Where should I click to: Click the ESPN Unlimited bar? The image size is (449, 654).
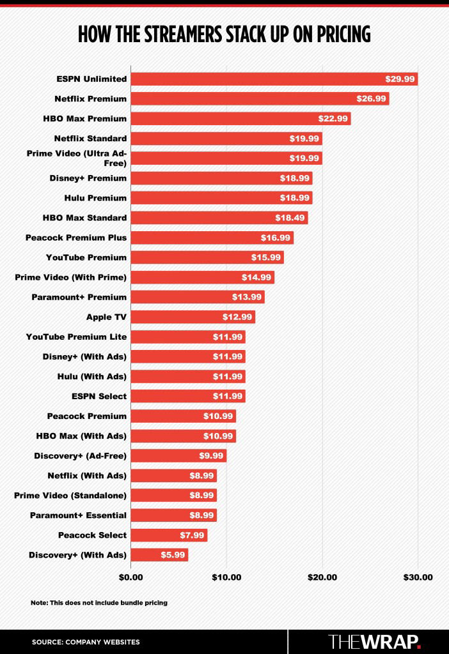tap(274, 79)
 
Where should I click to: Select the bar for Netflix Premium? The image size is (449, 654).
tap(260, 98)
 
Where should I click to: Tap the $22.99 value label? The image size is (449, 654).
tap(333, 118)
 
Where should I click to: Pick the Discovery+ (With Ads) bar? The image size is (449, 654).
tap(159, 555)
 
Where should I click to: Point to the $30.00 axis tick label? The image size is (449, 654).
tap(418, 577)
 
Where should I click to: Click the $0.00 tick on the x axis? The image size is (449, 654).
tap(130, 577)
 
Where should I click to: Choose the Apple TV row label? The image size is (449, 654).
tap(107, 317)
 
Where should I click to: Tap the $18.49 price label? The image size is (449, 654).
tap(290, 218)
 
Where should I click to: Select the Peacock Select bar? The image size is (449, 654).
tap(169, 535)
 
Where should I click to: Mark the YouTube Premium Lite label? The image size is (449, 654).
tap(77, 337)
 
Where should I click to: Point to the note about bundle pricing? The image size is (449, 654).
tap(99, 603)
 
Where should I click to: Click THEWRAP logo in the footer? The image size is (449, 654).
tap(374, 641)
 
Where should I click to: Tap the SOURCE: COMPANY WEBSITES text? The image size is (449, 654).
tap(86, 642)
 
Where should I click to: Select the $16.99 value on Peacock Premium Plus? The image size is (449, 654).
tap(276, 238)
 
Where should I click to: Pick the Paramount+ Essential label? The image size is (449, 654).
tap(78, 515)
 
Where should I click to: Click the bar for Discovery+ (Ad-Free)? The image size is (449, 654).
tap(178, 455)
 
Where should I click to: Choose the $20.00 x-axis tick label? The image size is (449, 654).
tap(322, 577)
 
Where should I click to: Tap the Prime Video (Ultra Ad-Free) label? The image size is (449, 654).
tap(77, 158)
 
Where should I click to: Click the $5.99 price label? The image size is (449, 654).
tap(173, 555)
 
